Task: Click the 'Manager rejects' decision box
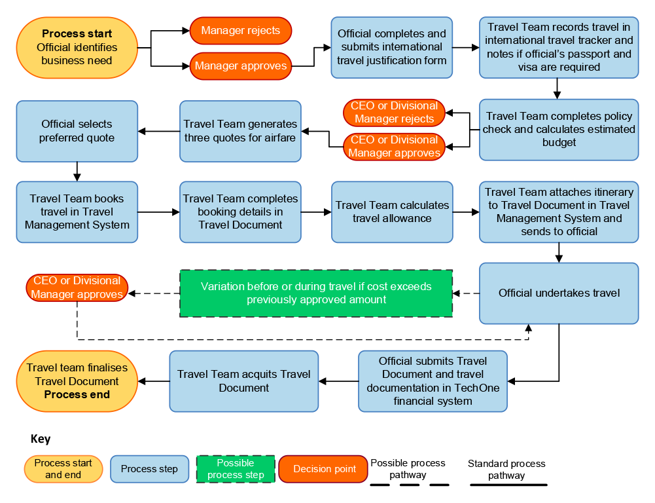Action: [240, 31]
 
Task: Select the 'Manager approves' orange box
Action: [240, 65]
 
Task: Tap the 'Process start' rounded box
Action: [77, 47]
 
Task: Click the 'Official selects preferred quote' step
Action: [77, 131]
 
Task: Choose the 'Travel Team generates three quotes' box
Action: [240, 131]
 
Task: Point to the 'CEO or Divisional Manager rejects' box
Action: [394, 113]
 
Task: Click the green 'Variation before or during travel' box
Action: [316, 293]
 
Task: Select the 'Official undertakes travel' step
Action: [559, 293]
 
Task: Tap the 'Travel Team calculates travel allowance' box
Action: [392, 212]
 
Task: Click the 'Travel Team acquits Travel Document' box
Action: [244, 381]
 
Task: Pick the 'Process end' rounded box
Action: [77, 381]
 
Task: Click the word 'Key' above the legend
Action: [41, 439]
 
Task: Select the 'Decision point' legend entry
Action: [325, 469]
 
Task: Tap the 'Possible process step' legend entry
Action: [235, 469]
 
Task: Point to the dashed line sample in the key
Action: [410, 485]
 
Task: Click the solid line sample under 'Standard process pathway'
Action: [508, 485]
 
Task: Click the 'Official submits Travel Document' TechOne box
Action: [433, 381]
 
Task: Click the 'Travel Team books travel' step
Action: [77, 212]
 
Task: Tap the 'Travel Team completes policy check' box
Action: [559, 129]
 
